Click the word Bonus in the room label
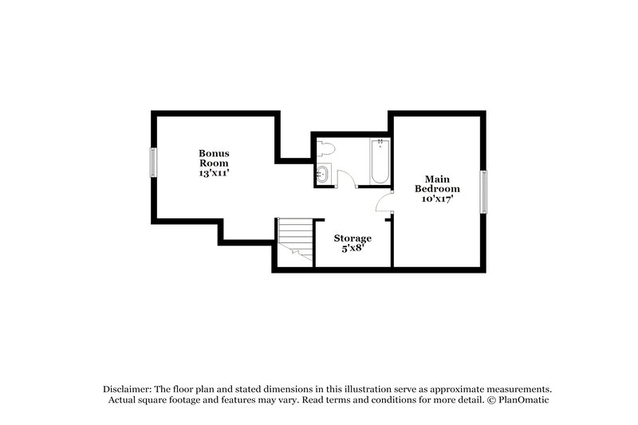click(214, 152)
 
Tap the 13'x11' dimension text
click(214, 172)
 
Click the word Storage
click(352, 238)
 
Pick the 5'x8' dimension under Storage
click(352, 249)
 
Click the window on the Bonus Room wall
click(152, 163)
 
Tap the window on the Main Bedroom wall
click(482, 191)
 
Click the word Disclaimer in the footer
click(130, 388)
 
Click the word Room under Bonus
click(214, 162)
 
